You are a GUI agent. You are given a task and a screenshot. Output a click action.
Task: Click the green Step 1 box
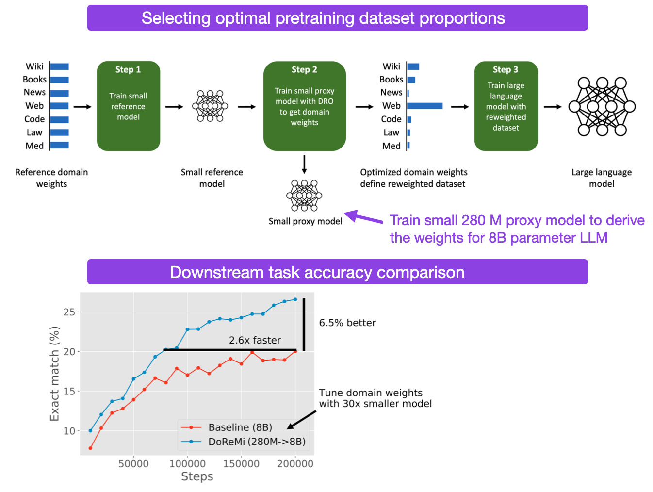coord(128,106)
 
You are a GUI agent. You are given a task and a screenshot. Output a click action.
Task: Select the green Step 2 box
coord(304,106)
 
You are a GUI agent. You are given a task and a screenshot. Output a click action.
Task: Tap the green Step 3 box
coord(506,106)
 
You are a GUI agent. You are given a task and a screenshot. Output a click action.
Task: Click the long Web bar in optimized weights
coord(424,106)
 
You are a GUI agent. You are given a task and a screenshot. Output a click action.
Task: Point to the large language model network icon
coord(602,107)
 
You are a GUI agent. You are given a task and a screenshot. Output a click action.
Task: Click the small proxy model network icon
coord(304,196)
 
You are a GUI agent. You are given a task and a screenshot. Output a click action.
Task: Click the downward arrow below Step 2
coord(304,164)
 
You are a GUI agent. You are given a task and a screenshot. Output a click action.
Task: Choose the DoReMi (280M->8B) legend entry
coord(243,442)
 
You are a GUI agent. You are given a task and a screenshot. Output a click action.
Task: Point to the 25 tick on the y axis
coord(69,312)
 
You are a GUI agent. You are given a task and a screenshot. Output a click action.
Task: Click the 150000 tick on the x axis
coord(241,464)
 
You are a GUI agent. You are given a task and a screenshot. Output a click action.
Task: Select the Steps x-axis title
coord(197,476)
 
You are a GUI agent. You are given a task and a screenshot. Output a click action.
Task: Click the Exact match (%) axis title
coord(54,374)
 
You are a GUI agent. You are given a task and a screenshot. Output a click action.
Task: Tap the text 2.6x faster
coord(255,340)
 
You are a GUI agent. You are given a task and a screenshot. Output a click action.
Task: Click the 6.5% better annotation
coord(347,323)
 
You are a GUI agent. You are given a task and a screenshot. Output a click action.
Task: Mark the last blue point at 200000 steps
coord(295,299)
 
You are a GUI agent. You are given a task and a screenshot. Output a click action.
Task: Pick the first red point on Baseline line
coord(90,448)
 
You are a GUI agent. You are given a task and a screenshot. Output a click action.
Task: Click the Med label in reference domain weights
coord(34,146)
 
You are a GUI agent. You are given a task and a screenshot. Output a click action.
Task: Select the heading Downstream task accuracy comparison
coord(317,272)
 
